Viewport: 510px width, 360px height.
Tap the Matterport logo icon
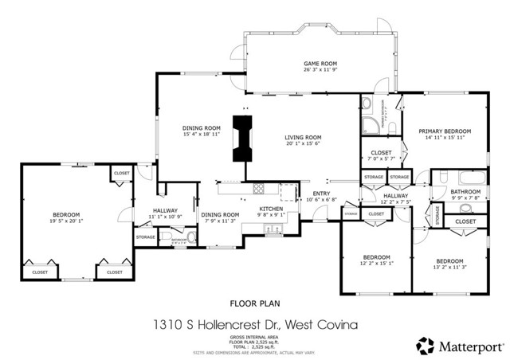422,346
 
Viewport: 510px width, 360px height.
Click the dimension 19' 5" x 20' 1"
66,221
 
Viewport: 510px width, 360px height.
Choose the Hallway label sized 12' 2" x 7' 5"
395,195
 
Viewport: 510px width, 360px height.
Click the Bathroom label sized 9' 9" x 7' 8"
465,192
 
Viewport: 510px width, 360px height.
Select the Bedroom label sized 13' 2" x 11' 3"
450,260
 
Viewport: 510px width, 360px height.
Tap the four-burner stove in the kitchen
258,190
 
